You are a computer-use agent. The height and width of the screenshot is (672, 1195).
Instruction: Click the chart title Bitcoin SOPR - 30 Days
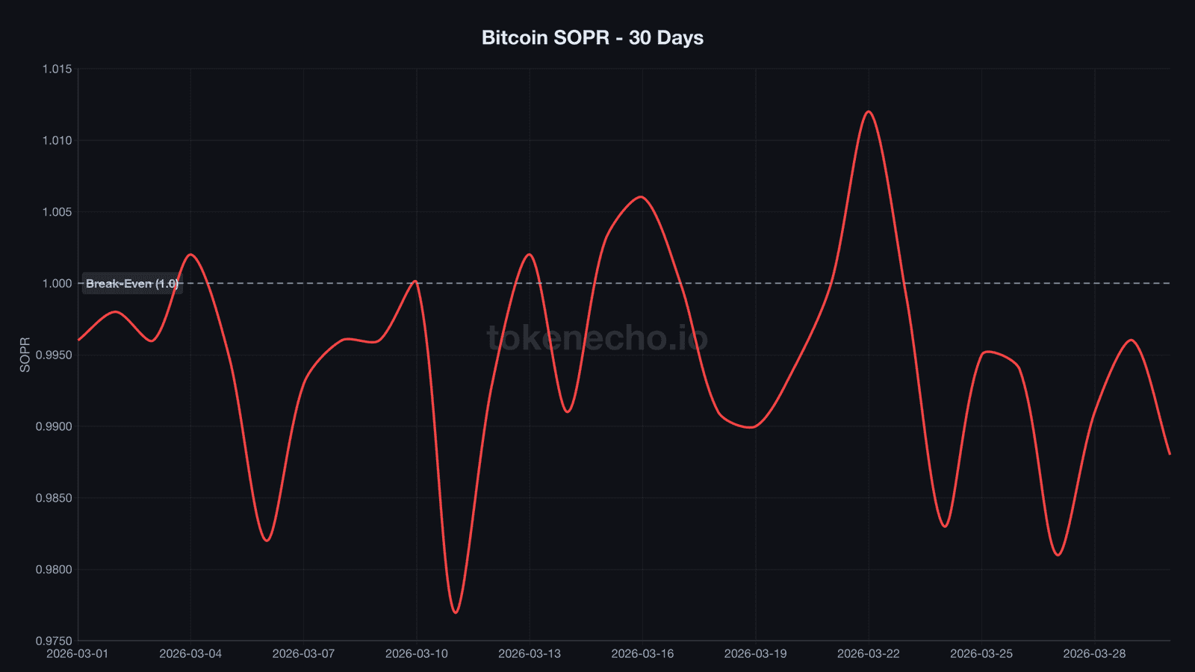[x=592, y=37]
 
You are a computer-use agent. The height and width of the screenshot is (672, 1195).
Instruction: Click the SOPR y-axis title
[x=25, y=355]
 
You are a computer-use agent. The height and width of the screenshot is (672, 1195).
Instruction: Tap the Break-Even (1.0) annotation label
[x=132, y=284]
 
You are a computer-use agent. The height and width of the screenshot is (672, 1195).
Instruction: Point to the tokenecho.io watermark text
[x=597, y=337]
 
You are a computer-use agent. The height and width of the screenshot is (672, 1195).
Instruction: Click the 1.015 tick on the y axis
[x=57, y=69]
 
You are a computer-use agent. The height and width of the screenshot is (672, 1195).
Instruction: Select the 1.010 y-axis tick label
[x=57, y=140]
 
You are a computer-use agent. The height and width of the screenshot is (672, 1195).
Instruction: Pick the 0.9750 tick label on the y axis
[x=55, y=641]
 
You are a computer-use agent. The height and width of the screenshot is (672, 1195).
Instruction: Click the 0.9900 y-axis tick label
[x=55, y=426]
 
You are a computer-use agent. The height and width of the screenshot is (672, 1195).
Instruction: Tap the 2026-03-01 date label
[x=78, y=654]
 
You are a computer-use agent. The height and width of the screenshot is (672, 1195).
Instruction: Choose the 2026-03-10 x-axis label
[x=417, y=654]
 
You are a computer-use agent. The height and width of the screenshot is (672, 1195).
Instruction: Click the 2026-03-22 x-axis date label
[x=869, y=654]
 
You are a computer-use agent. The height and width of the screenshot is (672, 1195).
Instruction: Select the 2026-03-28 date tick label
[x=1094, y=654]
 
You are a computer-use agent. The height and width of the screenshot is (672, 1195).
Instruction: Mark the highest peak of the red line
[x=869, y=111]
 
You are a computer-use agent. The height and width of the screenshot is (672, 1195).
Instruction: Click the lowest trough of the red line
[x=456, y=613]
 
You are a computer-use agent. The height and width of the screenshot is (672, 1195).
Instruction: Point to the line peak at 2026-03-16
[x=642, y=196]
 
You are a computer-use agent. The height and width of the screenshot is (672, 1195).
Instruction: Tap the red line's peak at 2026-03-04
[x=190, y=254]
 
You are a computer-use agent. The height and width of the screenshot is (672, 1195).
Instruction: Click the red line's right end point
[x=1170, y=454]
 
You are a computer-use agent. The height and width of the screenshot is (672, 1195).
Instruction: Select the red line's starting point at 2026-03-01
[x=78, y=340]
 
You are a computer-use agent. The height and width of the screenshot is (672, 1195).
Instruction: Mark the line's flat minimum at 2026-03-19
[x=753, y=427]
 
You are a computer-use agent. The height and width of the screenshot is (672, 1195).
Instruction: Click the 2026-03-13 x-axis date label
[x=530, y=654]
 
